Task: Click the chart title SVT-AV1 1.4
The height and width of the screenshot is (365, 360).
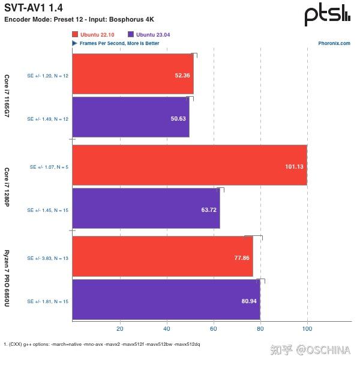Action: [x=33, y=7]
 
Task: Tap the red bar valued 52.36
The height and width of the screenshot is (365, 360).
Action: [x=133, y=74]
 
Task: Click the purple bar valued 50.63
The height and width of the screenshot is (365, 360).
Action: [x=130, y=117]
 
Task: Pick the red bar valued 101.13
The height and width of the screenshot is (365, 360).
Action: [x=189, y=165]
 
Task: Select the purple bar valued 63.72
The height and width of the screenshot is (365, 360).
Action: [x=146, y=208]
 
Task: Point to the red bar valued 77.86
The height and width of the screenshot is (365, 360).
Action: [x=162, y=256]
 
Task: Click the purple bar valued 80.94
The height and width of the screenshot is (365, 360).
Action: [x=166, y=300]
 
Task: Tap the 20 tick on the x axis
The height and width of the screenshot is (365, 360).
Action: [x=119, y=328]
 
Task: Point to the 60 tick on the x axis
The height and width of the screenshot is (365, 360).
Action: [x=214, y=328]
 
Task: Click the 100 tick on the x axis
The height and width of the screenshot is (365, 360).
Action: [x=307, y=328]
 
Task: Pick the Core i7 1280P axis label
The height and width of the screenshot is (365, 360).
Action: [x=7, y=187]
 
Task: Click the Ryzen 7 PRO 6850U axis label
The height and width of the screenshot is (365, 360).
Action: [x=7, y=278]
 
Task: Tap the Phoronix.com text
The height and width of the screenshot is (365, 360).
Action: [x=334, y=43]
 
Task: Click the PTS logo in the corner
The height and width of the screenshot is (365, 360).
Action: [x=327, y=15]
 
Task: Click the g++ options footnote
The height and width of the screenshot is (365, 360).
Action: [x=102, y=344]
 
